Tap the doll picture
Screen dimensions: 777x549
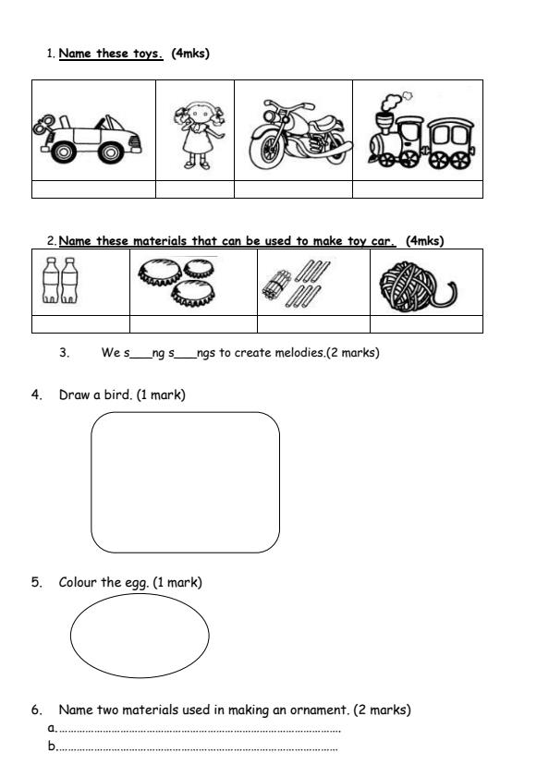[195, 132]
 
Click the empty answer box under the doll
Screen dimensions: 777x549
[195, 189]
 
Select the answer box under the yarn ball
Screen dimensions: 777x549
[426, 324]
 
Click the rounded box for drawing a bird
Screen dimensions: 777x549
[185, 482]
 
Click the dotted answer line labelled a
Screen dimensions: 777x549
[199, 730]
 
